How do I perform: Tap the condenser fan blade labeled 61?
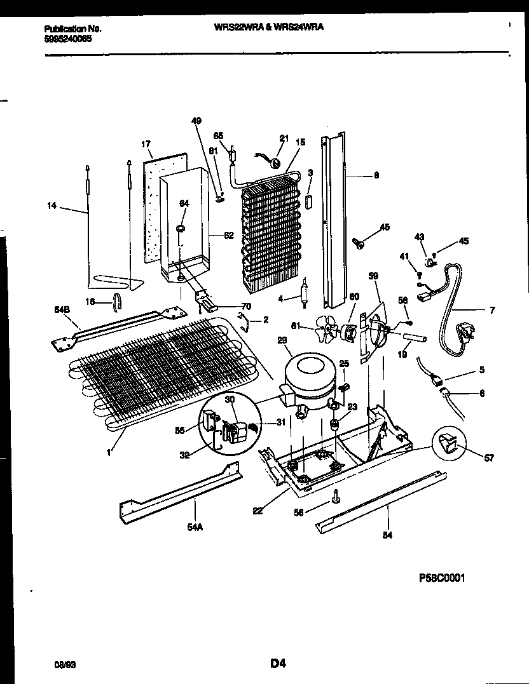tap(328, 330)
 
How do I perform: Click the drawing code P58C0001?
tap(447, 579)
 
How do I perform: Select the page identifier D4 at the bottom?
tap(277, 664)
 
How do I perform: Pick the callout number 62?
tap(228, 235)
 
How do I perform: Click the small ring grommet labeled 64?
tap(181, 227)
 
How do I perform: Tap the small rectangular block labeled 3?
tap(309, 201)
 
